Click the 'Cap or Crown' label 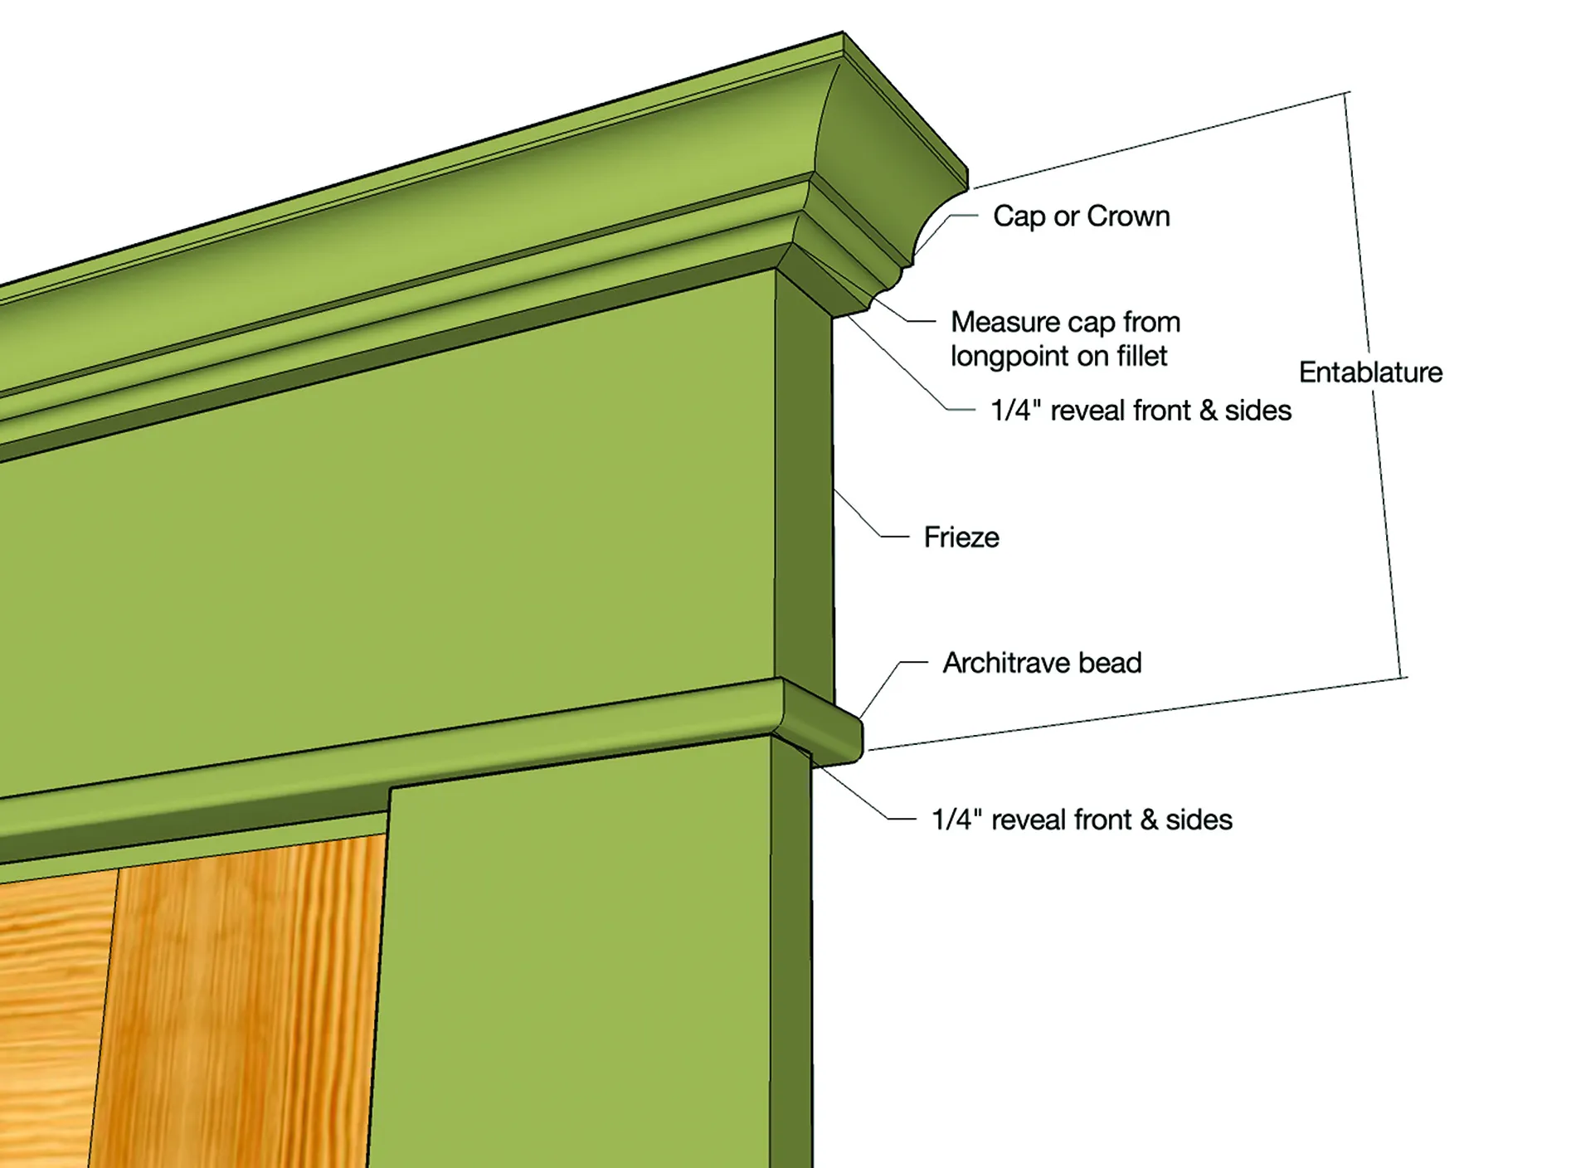(1081, 217)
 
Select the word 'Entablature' (1370, 372)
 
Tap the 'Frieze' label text (961, 538)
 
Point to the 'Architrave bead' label (1042, 663)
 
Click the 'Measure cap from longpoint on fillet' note (1065, 338)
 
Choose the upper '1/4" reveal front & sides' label (1141, 411)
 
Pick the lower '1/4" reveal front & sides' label (1082, 820)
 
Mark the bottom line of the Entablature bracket (1136, 714)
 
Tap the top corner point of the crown (844, 33)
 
